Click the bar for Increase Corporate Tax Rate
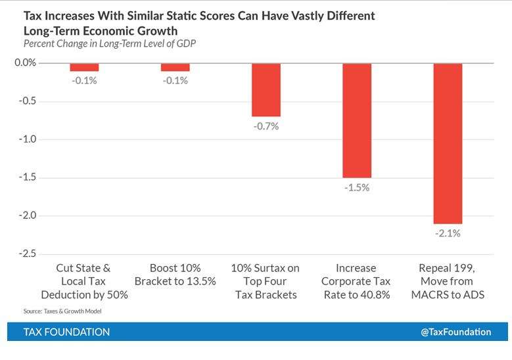pos(356,120)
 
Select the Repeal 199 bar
pos(447,143)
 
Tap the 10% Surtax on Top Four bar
pos(266,90)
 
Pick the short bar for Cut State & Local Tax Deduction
pos(84,67)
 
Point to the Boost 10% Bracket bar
pos(175,67)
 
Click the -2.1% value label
pos(448,233)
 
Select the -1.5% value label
pos(357,187)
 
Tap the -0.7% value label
pos(266,125)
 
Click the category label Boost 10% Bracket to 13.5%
pos(175,275)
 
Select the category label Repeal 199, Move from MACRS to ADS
pos(447,281)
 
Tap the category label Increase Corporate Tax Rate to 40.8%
pos(356,281)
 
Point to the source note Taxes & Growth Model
pos(62,311)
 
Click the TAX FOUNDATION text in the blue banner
pos(66,332)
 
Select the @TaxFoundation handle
pos(455,332)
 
